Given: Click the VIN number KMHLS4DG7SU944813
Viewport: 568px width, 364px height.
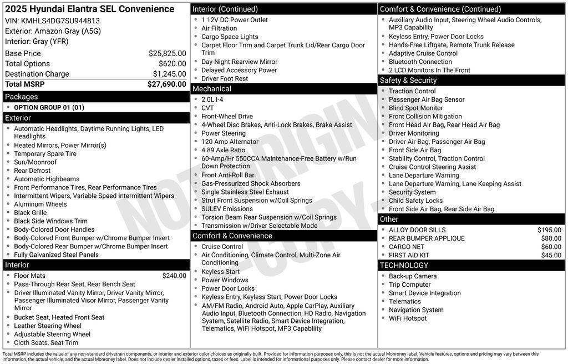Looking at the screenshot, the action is point(60,21).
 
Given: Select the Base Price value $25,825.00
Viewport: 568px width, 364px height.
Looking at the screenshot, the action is point(167,54).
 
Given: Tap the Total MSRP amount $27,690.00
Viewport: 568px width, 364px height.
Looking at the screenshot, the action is point(166,84).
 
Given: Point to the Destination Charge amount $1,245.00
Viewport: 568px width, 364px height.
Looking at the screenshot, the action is point(169,74).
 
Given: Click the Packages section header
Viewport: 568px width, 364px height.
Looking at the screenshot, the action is point(22,97).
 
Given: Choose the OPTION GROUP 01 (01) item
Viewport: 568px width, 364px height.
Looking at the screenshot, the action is point(49,108).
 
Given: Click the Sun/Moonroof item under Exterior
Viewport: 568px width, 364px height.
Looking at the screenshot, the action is point(35,162).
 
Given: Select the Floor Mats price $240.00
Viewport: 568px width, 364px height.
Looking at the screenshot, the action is point(174,276).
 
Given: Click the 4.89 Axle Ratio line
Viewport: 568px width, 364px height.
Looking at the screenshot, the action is point(223,150).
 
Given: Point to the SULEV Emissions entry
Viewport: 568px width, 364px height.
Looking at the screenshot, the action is point(227,209).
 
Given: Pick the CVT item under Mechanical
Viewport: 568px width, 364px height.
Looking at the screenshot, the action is point(207,108).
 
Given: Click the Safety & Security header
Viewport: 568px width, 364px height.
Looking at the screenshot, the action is point(408,81).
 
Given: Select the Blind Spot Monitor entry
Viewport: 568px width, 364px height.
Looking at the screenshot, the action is point(416,108).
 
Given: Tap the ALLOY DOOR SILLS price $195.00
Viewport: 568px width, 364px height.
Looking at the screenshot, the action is point(549,230).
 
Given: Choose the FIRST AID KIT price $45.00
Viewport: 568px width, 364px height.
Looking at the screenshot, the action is point(551,255).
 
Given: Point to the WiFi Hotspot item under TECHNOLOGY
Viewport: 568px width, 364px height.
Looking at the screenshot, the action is point(408,318).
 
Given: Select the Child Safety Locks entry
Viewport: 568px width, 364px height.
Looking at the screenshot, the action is point(415,201).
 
